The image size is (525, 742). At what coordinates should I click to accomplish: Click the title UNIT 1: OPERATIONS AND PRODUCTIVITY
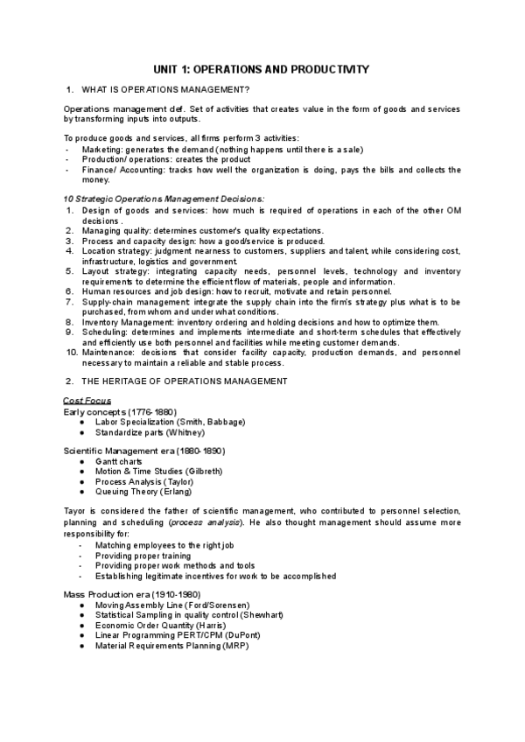(262, 69)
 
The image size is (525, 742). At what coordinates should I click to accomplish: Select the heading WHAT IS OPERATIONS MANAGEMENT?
(165, 90)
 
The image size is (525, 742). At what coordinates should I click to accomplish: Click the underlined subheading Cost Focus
(87, 401)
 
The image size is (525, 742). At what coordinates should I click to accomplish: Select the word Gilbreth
(202, 471)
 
